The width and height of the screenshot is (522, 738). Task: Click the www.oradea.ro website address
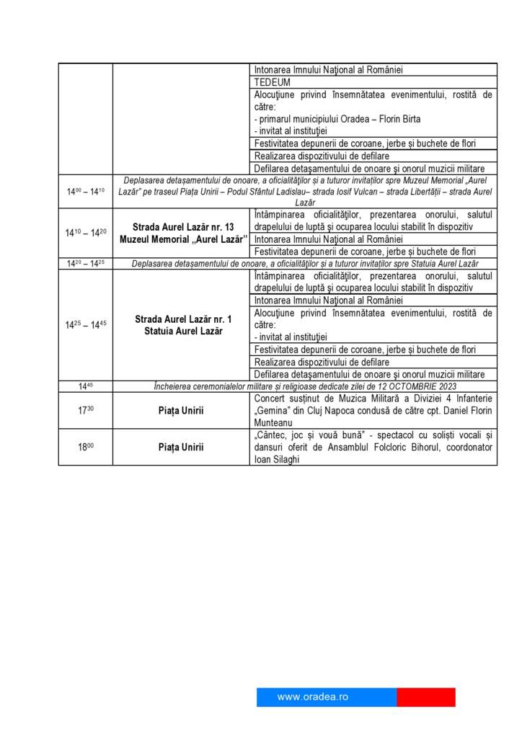pyautogui.click(x=312, y=697)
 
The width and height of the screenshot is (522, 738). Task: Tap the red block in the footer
pyautogui.click(x=425, y=697)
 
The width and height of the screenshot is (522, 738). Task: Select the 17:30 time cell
pyautogui.click(x=86, y=410)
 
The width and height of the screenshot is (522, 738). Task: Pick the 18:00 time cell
pyautogui.click(x=86, y=447)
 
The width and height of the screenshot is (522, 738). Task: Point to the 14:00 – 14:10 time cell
pyautogui.click(x=86, y=192)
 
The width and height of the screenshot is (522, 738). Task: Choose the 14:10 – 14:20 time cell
pyautogui.click(x=86, y=233)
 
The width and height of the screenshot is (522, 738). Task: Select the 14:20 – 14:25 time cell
pyautogui.click(x=86, y=263)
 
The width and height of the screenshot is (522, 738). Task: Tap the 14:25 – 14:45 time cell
pyautogui.click(x=86, y=324)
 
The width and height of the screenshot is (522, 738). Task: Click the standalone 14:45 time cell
pyautogui.click(x=86, y=386)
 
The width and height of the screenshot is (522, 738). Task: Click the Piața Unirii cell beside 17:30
pyautogui.click(x=181, y=411)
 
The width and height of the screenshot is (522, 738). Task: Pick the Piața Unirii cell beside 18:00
pyautogui.click(x=181, y=448)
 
